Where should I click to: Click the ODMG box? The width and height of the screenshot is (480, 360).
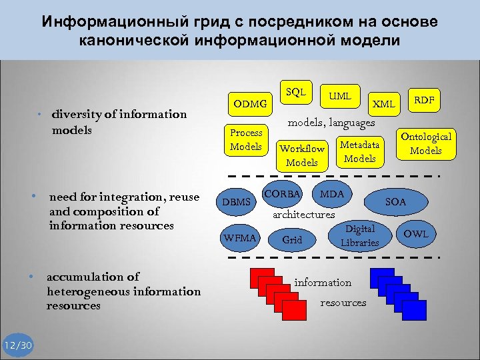250,104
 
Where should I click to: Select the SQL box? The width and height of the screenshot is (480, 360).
295,92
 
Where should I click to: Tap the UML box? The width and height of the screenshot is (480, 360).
340,97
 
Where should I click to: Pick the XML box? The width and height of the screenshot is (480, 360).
383,104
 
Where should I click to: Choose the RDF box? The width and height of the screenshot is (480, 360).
424,100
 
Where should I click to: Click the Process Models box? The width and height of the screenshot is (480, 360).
246,139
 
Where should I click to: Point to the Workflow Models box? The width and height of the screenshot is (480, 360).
302,155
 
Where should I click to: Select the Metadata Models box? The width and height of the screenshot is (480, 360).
360,151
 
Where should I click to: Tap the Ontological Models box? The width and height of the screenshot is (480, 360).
425,143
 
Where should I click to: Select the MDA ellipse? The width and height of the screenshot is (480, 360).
331,194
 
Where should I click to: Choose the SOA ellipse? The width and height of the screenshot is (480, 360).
396,201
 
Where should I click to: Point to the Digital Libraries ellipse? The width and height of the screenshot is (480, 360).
359,236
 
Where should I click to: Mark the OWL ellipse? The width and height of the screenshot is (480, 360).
415,234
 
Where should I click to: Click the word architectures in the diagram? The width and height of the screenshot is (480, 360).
304,215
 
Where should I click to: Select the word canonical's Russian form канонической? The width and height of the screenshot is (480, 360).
140,41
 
